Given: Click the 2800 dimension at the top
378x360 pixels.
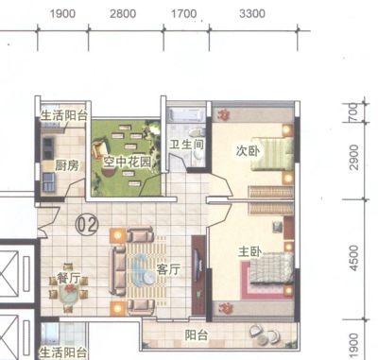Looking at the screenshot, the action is pyautogui.click(x=123, y=14).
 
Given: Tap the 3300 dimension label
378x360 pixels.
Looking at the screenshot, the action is pyautogui.click(x=252, y=14).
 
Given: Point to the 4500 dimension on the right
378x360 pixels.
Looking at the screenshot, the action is pyautogui.click(x=354, y=258).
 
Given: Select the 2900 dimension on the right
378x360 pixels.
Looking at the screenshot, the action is pyautogui.click(x=354, y=158).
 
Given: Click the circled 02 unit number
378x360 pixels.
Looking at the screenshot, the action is pyautogui.click(x=87, y=225).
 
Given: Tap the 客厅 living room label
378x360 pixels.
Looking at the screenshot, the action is pyautogui.click(x=168, y=269).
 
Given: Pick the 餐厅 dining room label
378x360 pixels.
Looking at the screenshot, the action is pyautogui.click(x=68, y=278).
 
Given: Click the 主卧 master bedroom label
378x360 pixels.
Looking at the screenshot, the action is pyautogui.click(x=249, y=251).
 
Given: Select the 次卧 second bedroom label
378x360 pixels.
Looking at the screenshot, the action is pyautogui.click(x=249, y=151).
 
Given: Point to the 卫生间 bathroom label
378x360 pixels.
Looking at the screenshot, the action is pyautogui.click(x=186, y=145).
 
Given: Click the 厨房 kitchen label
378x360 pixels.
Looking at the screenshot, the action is pyautogui.click(x=67, y=165).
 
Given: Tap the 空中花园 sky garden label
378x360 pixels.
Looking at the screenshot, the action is pyautogui.click(x=128, y=163).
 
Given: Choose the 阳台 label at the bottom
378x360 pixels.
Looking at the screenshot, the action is pyautogui.click(x=197, y=335).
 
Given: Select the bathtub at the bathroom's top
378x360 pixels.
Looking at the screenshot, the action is pyautogui.click(x=186, y=115).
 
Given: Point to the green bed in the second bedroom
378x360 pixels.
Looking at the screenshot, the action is pyautogui.click(x=272, y=154).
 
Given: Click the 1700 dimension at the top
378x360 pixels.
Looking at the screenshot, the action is pyautogui.click(x=183, y=14).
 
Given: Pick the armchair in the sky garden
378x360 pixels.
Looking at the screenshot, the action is pyautogui.click(x=99, y=149).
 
